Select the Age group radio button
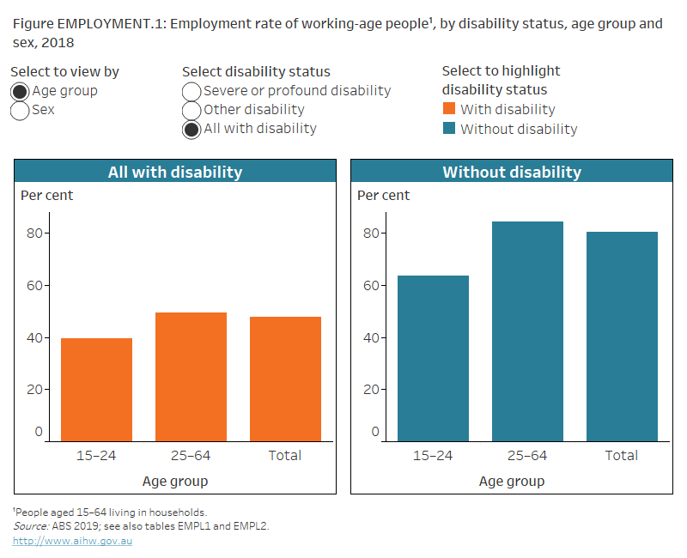(x=20, y=91)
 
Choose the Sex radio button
(x=20, y=110)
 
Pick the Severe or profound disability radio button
(x=192, y=91)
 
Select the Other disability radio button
(x=192, y=110)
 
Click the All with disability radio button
(x=192, y=129)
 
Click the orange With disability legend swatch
(x=449, y=109)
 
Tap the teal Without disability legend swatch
(x=449, y=130)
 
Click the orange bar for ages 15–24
(x=96, y=388)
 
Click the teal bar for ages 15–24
(x=433, y=357)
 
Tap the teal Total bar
(x=622, y=336)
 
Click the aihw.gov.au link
(x=72, y=541)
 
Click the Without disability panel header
(x=512, y=172)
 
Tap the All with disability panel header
(x=175, y=172)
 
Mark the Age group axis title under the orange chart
(x=175, y=481)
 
